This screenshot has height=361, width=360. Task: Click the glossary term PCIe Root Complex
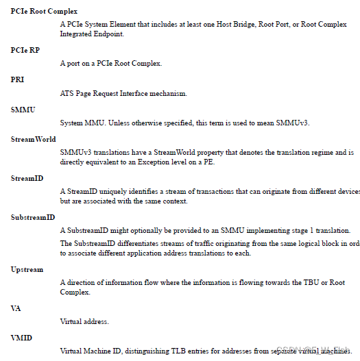tap(44, 12)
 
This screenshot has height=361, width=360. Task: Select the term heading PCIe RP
tap(25, 50)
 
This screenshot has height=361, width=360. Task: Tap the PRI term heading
tap(18, 79)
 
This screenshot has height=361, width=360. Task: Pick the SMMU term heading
tap(23, 109)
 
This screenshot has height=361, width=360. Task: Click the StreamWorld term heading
tap(33, 139)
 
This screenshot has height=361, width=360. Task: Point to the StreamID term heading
tap(27, 178)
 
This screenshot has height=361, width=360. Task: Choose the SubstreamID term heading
tap(33, 217)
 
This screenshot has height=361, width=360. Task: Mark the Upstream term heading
tap(27, 269)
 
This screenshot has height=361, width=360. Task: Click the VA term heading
tap(16, 308)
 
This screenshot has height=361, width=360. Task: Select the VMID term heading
tap(21, 338)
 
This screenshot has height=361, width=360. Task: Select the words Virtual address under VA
tap(84, 321)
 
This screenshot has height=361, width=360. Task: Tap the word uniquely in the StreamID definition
tap(113, 191)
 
